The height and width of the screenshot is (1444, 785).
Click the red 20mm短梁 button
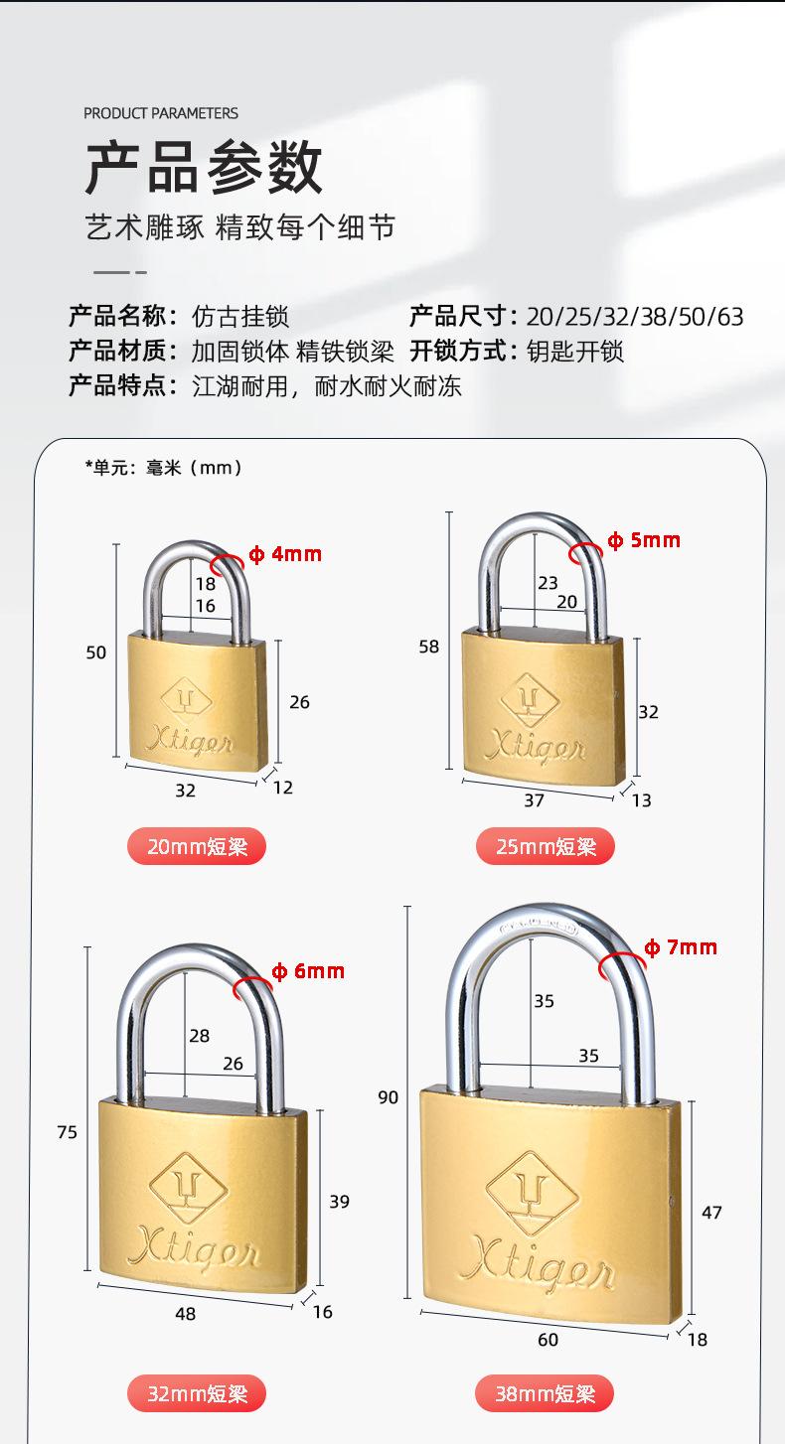point(197,846)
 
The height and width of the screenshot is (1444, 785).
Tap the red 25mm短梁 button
point(546,846)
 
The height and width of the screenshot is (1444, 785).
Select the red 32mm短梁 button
point(197,1393)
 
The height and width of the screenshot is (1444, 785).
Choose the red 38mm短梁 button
point(546,1393)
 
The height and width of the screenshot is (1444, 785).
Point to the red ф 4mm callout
point(285,554)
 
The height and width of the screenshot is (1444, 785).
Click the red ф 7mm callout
point(681,947)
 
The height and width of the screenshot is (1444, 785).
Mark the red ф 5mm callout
point(644,540)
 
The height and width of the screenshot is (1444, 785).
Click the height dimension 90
point(388,1097)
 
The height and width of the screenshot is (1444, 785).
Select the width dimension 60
point(548,1340)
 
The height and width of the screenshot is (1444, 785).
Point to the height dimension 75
point(67,1132)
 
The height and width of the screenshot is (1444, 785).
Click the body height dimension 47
point(711,1212)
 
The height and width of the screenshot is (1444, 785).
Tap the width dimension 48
point(185,1314)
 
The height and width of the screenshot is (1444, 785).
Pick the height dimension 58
point(428,647)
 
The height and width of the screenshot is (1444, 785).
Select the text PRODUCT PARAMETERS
point(161,113)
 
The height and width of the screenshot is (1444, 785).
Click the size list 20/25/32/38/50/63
point(634,317)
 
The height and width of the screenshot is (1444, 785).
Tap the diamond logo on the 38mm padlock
point(531,1193)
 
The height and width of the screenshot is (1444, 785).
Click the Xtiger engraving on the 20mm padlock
point(189,740)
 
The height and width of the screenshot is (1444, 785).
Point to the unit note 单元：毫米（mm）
point(164,467)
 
